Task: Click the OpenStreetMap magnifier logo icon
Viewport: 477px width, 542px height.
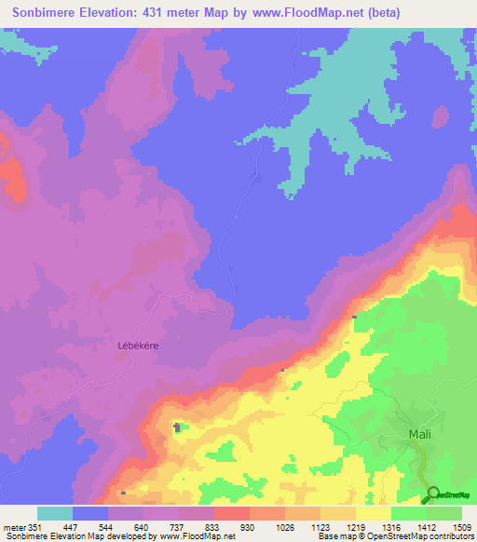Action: pyautogui.click(x=432, y=495)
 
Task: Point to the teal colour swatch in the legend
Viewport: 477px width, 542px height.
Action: pyautogui.click(x=55, y=513)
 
